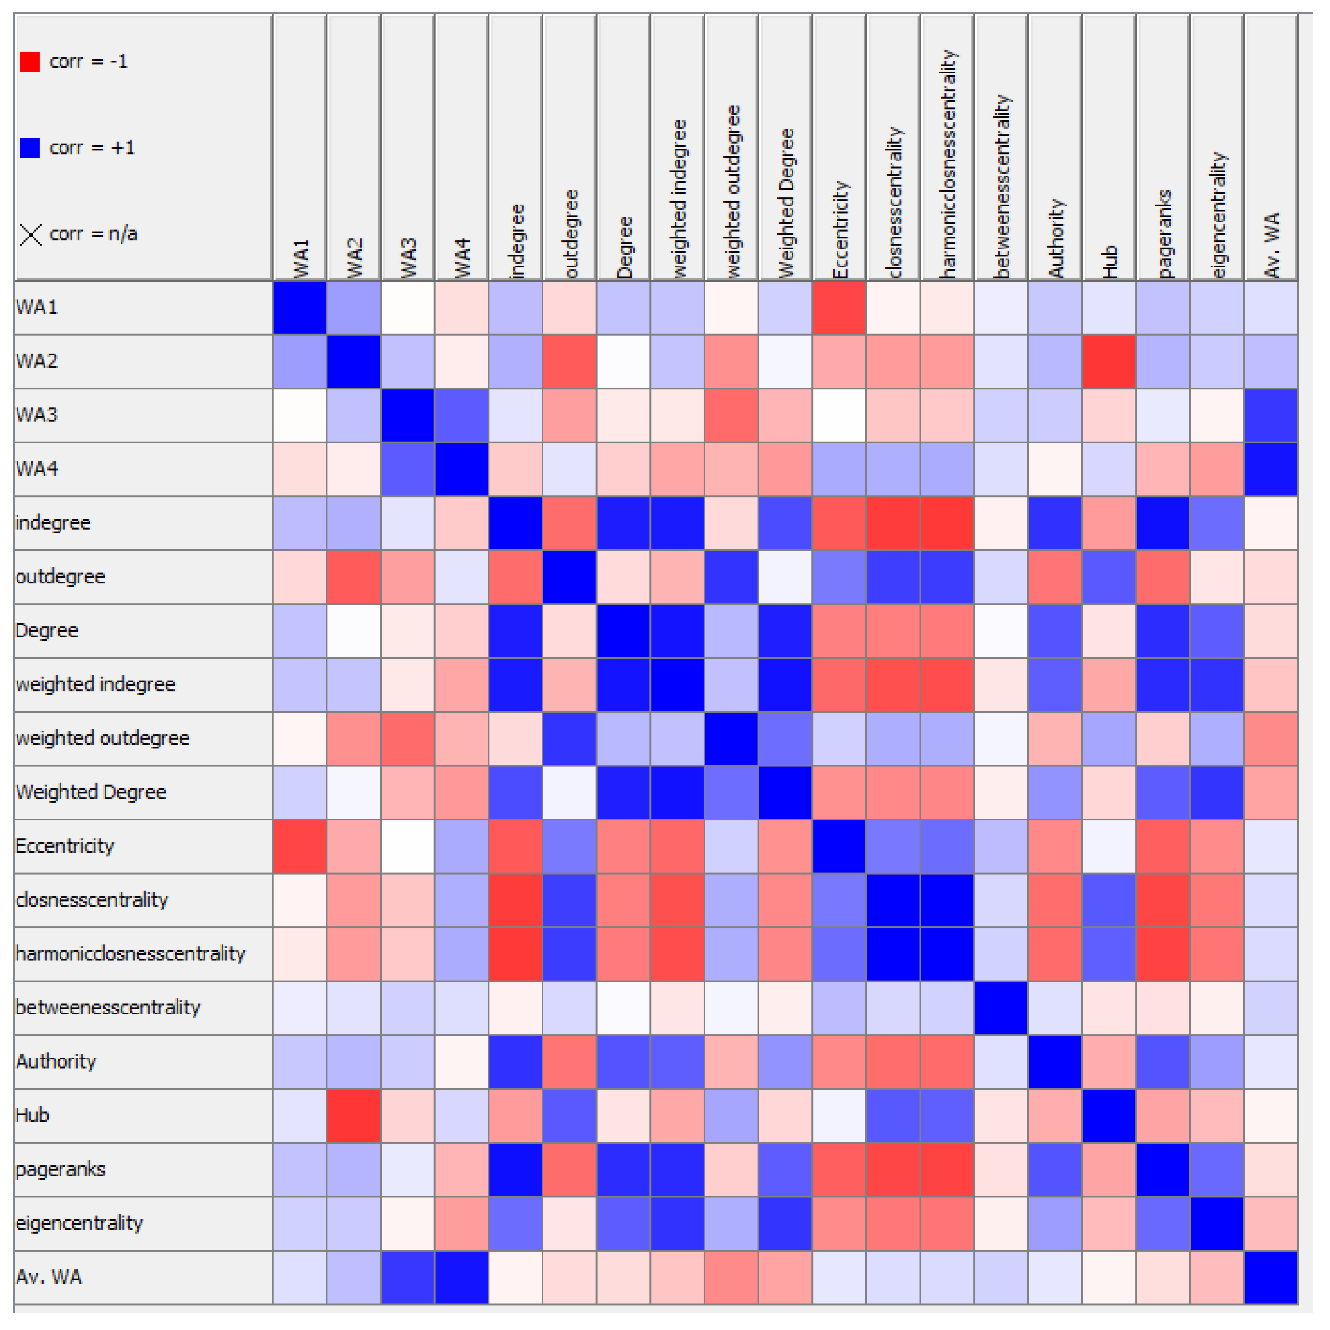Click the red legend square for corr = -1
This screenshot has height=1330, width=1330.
[30, 62]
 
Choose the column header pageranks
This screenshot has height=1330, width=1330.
[1164, 234]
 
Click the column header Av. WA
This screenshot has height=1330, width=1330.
[1271, 245]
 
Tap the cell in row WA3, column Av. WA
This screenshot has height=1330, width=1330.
[1271, 415]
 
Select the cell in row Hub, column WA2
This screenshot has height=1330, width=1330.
[354, 1116]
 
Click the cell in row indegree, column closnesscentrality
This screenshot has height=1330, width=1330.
[893, 523]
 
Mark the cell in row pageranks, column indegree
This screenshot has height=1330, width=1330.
[515, 1169]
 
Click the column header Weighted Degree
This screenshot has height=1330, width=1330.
[786, 204]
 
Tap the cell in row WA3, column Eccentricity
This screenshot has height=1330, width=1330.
[839, 415]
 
